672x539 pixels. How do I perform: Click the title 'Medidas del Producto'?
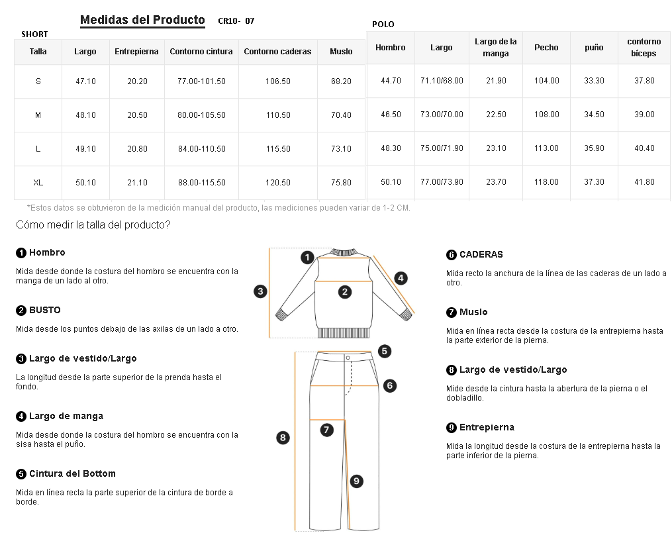[x=142, y=20]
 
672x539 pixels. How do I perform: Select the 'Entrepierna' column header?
[x=136, y=52]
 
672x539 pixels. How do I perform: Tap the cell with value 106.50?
[x=277, y=81]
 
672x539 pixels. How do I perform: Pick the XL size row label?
[x=38, y=183]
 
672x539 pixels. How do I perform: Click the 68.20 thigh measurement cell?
[x=341, y=81]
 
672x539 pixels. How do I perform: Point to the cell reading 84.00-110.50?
[x=201, y=149]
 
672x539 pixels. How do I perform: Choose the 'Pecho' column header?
[x=546, y=48]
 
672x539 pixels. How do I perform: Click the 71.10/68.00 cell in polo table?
[x=442, y=81]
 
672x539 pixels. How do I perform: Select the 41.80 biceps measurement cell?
[x=644, y=182]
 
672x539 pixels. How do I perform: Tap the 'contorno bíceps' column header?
[x=644, y=47]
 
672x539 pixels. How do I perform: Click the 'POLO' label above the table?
[x=383, y=24]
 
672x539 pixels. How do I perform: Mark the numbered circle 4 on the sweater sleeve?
[x=401, y=278]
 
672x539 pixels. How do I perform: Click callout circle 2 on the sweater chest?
[x=345, y=291]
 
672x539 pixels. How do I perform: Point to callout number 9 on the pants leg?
[x=356, y=481]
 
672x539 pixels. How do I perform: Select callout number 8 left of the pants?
[x=283, y=437]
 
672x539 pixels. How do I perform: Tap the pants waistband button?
[x=348, y=358]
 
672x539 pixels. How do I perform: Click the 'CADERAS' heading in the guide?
[x=481, y=254]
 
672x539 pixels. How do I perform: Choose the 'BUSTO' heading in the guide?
[x=44, y=310]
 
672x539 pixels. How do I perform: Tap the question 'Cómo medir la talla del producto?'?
[x=93, y=225]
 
